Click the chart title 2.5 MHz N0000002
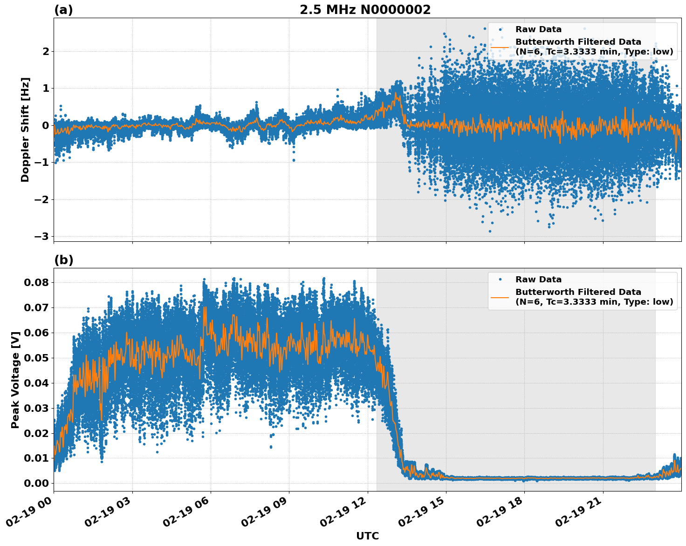pos(365,10)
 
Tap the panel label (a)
pos(63,10)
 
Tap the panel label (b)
pos(63,260)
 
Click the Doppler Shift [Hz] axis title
pos(25,130)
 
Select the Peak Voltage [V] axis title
pos(15,380)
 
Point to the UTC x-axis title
pos(367,536)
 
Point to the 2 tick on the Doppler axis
pos(46,51)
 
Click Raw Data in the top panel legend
pos(538,29)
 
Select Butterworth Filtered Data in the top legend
pos(578,42)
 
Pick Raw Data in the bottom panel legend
pos(538,280)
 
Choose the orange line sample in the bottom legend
pos(500,297)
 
